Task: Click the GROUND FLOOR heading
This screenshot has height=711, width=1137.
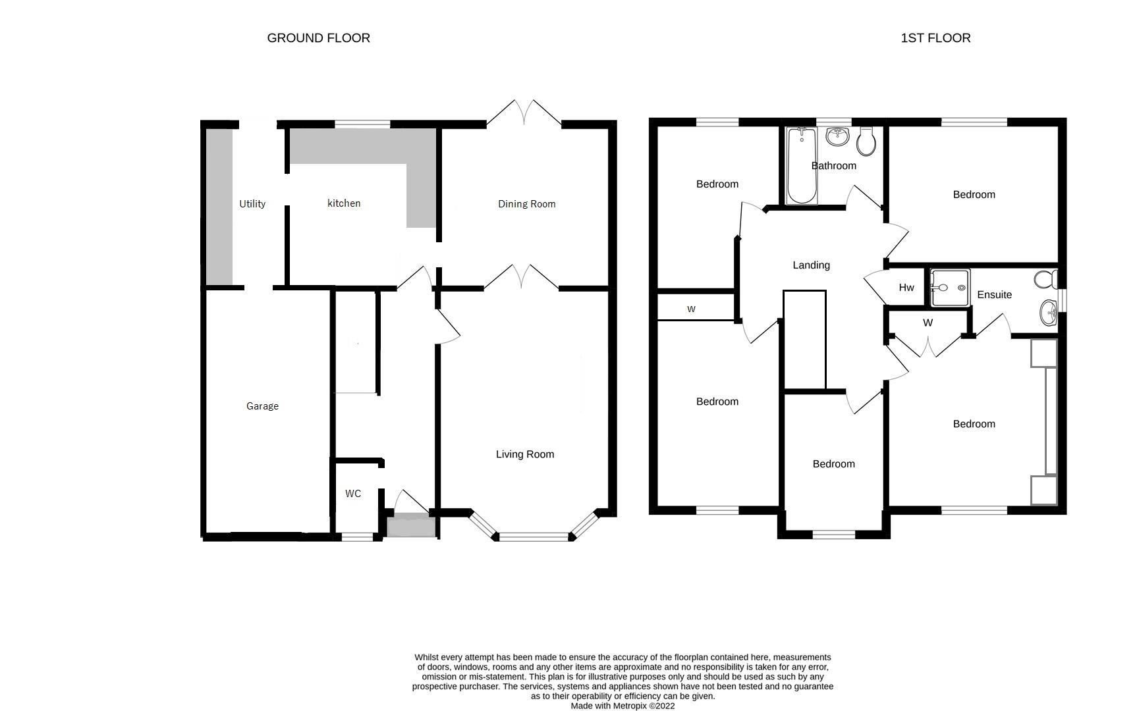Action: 318,38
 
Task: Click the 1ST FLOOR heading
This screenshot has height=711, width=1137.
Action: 935,38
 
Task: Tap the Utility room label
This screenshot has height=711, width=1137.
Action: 252,204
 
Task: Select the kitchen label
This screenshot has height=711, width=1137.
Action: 344,203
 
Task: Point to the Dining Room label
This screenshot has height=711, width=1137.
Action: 526,204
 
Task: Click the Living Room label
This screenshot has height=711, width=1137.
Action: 524,454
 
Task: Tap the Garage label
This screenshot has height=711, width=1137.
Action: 262,406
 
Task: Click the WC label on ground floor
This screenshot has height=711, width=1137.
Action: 353,494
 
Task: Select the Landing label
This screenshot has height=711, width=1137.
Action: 811,265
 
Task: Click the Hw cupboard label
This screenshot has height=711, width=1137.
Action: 906,288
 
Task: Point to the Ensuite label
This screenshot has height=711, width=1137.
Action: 994,295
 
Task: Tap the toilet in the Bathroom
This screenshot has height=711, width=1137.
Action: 866,142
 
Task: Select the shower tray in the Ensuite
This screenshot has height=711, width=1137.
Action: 950,288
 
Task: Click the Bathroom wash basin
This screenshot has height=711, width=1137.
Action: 837,138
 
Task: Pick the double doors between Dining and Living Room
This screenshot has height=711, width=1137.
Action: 521,277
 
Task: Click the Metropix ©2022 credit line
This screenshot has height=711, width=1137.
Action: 623,706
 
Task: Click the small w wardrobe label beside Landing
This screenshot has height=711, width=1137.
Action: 691,309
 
